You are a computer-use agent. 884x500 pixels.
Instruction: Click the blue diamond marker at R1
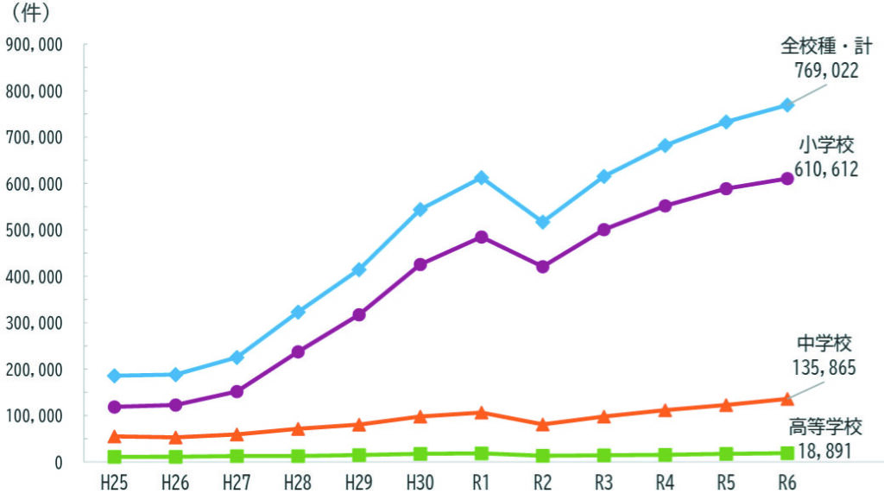pyautogui.click(x=482, y=178)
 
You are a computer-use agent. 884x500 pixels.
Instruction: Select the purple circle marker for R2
pyautogui.click(x=543, y=267)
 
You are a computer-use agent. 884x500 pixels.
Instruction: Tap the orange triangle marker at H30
pyautogui.click(x=420, y=417)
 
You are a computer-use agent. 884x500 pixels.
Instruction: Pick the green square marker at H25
pyautogui.click(x=115, y=456)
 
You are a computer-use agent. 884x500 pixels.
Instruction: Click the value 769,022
pyautogui.click(x=825, y=71)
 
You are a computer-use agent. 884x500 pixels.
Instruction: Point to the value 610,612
pyautogui.click(x=825, y=170)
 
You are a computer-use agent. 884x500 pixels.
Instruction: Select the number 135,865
pyautogui.click(x=824, y=369)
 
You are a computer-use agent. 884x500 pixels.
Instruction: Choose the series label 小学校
pyautogui.click(x=825, y=145)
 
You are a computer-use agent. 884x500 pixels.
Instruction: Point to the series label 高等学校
pyautogui.click(x=824, y=426)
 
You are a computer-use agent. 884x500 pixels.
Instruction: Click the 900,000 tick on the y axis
pyautogui.click(x=34, y=44)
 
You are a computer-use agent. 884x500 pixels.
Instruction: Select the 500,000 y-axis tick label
pyautogui.click(x=34, y=231)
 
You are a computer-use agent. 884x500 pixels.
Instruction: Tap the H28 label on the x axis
pyautogui.click(x=298, y=482)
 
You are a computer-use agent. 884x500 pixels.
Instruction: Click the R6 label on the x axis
pyautogui.click(x=786, y=482)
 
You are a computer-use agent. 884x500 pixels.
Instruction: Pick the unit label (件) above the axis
pyautogui.click(x=30, y=14)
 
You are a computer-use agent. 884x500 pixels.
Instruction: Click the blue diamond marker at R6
pyautogui.click(x=786, y=105)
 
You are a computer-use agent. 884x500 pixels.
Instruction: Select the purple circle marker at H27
pyautogui.click(x=237, y=392)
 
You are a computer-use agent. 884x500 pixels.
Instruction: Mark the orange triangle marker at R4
pyautogui.click(x=665, y=410)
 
